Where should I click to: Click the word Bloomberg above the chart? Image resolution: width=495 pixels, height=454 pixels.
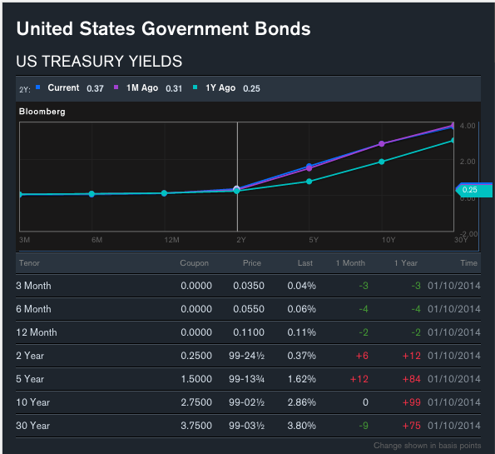coord(42,112)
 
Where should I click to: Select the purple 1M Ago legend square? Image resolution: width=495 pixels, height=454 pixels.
coord(116,87)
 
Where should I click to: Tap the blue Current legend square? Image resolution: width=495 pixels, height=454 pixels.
coord(38,87)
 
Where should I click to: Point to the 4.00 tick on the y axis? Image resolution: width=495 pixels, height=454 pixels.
coord(468,126)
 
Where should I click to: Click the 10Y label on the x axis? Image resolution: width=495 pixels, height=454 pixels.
coord(389,240)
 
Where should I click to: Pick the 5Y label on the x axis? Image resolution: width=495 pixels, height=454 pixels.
coord(314,240)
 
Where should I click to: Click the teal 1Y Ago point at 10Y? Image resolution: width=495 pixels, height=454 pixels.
coord(381,162)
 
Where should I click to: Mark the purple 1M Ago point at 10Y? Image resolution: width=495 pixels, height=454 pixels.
coord(381,144)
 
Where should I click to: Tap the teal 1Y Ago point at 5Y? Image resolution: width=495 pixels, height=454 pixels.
coord(309,182)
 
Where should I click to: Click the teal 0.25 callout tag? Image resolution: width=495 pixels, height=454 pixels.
coord(474,190)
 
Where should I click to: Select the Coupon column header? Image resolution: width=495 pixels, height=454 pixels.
coord(194,263)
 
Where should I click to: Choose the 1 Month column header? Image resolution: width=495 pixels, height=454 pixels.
coord(350,263)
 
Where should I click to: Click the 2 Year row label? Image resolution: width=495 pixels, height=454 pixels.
coord(30,356)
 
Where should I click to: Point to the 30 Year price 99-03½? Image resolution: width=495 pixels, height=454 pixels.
coord(246,426)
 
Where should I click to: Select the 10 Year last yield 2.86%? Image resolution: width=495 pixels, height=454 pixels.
coord(301,402)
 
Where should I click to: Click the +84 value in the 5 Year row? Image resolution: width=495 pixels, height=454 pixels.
coord(411,379)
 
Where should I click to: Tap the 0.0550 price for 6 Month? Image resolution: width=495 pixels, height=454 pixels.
coord(249,309)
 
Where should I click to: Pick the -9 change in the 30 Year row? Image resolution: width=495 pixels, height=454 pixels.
coord(364,426)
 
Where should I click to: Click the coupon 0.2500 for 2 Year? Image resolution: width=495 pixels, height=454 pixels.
coord(196,356)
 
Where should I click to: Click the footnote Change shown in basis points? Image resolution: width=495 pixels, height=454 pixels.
coord(428,446)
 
